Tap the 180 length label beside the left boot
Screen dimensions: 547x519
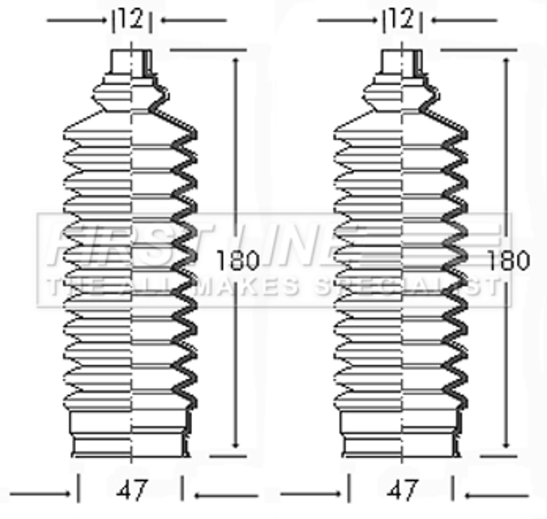(238, 261)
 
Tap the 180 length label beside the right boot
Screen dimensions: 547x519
(509, 261)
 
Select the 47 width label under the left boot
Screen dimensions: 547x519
(132, 490)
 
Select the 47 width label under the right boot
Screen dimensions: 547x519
(402, 490)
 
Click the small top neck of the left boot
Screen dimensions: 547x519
(131, 63)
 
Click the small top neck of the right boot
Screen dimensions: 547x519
(401, 63)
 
